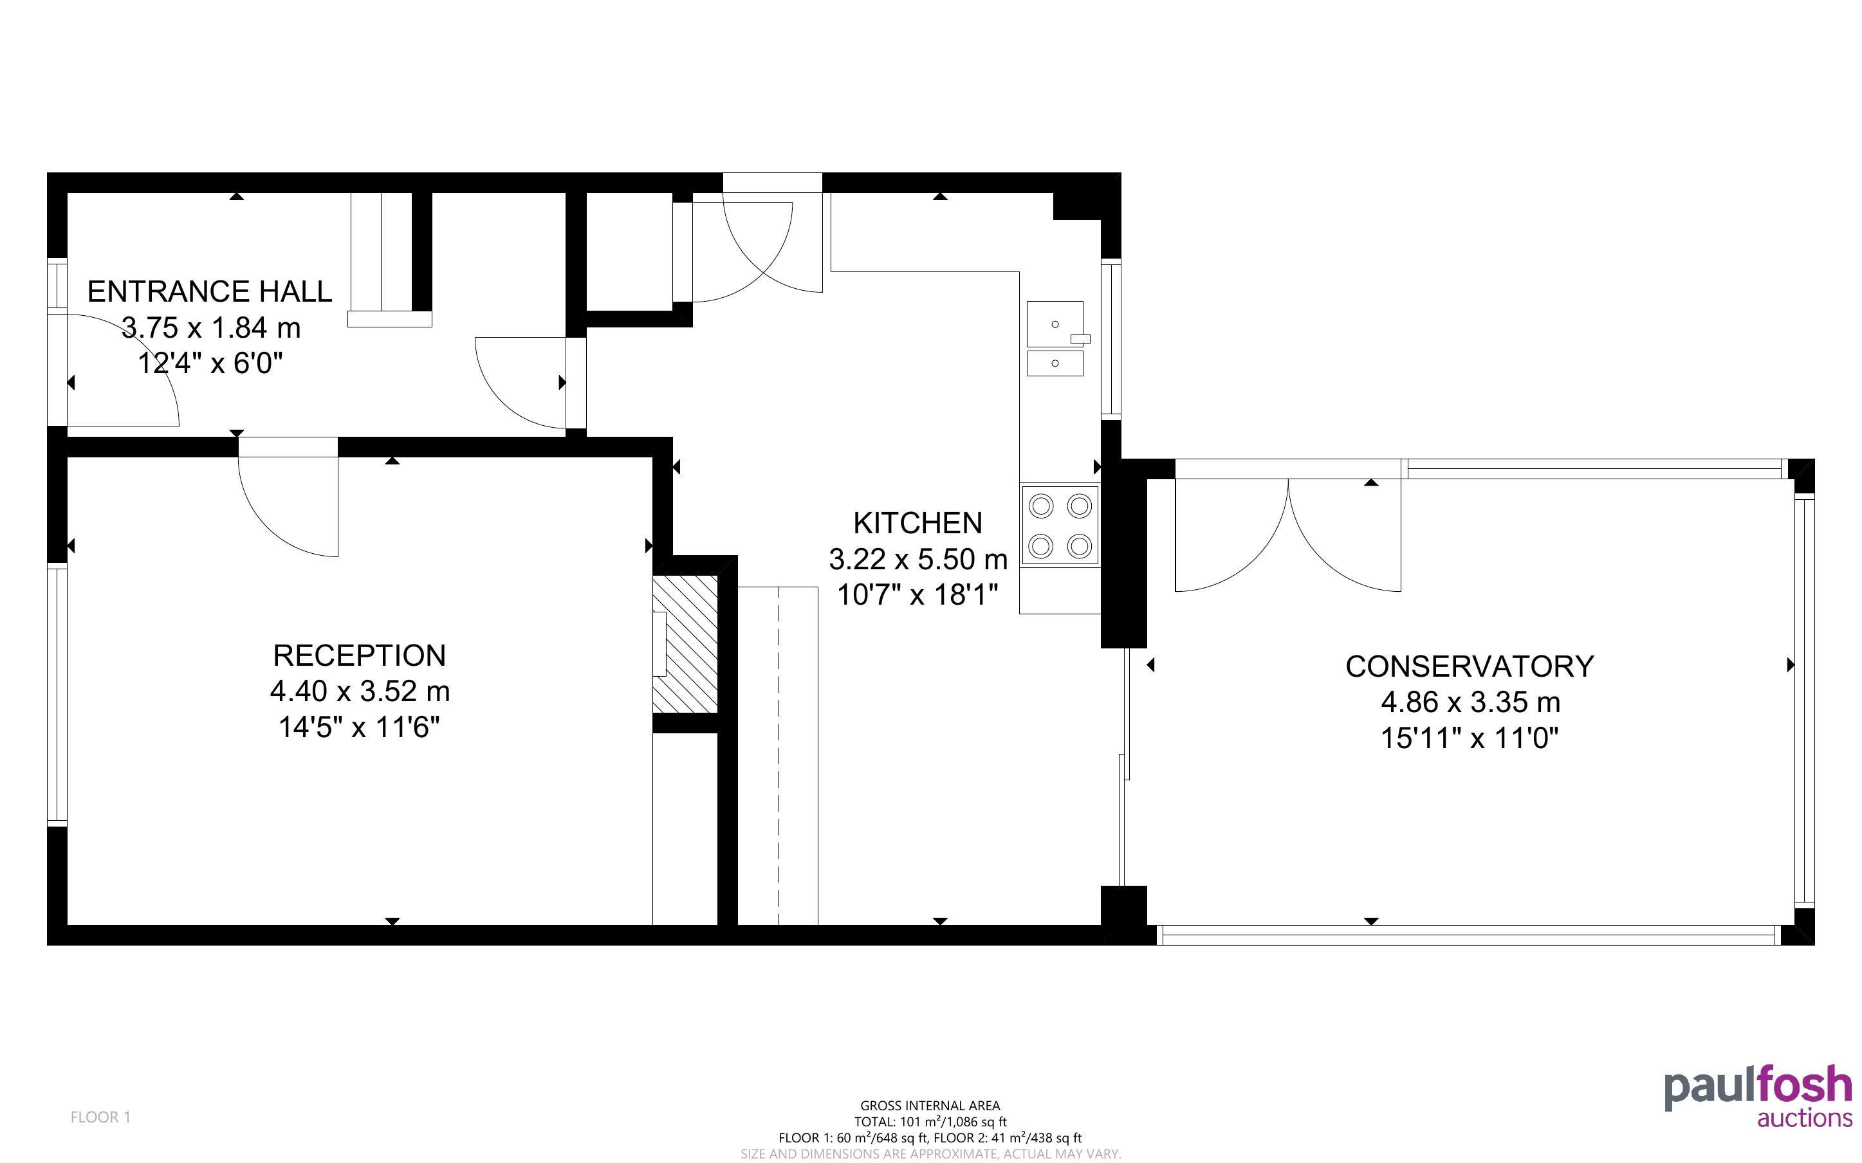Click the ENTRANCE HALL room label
click(209, 291)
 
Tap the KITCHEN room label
click(917, 523)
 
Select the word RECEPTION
click(359, 655)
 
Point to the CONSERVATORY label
click(1469, 666)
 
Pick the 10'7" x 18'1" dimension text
click(917, 594)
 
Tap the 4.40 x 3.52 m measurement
click(359, 691)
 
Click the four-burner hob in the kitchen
click(1060, 526)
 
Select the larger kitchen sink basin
click(1055, 324)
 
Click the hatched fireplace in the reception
click(685, 644)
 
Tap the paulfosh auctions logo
click(1758, 1097)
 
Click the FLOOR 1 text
click(101, 1117)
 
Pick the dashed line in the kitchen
click(779, 755)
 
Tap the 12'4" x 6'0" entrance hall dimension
click(210, 363)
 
